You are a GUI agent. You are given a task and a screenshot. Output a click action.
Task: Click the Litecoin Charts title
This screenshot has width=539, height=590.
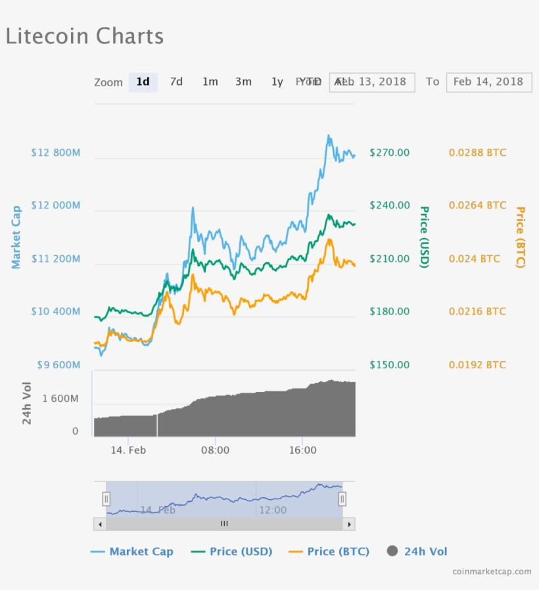[x=84, y=36]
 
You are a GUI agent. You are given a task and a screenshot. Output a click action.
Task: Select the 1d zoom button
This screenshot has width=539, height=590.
[x=143, y=82]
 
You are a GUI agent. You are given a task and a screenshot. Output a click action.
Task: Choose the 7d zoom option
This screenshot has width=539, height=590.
[x=176, y=82]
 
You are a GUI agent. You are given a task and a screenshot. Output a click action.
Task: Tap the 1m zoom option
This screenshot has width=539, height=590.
[x=210, y=82]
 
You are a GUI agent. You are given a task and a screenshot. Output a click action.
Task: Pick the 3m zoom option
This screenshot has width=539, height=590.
[x=243, y=82]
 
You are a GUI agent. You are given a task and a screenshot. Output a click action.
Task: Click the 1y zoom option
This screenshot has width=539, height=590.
[x=277, y=82]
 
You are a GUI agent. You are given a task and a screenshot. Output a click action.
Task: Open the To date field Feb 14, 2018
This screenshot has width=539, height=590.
[x=488, y=82]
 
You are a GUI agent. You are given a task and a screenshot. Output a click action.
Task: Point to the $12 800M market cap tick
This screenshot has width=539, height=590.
[x=55, y=153]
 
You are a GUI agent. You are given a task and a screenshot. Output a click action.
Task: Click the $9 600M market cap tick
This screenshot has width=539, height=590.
[x=55, y=365]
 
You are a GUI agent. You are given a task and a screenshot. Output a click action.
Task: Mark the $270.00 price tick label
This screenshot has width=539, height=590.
[x=389, y=153]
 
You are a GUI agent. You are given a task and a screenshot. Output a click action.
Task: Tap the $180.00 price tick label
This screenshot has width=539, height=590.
[x=389, y=312]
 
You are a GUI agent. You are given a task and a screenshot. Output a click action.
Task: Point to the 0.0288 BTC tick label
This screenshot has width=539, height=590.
[x=477, y=153]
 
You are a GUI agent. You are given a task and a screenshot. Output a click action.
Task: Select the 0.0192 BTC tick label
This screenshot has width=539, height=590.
[x=477, y=365]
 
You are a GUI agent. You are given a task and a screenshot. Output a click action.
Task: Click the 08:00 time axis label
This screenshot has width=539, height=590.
[x=215, y=451]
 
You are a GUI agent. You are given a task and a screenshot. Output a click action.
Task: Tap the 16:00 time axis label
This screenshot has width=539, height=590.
[x=302, y=451]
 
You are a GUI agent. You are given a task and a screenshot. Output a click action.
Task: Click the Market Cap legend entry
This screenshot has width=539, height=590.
[x=132, y=552]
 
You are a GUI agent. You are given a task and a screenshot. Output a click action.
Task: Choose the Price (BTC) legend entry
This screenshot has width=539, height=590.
[x=329, y=552]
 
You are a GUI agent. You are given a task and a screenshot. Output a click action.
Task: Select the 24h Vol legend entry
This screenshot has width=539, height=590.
[x=417, y=552]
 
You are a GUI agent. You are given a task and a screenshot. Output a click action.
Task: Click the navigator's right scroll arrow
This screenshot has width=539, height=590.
[x=349, y=524]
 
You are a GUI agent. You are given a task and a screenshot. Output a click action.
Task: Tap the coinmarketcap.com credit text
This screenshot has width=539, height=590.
[x=492, y=572]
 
